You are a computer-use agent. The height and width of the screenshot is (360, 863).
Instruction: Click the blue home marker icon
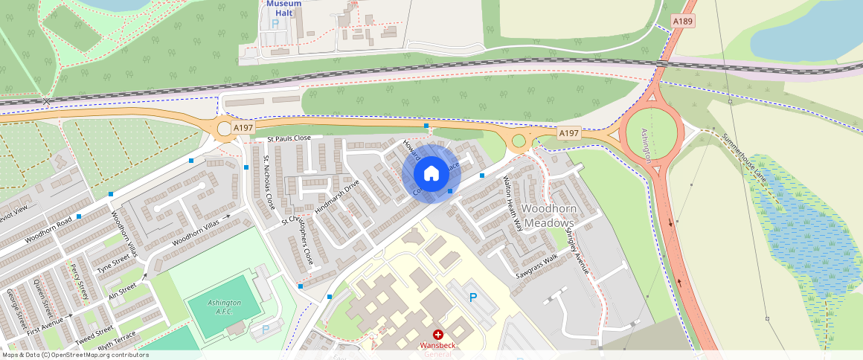[x=431, y=174]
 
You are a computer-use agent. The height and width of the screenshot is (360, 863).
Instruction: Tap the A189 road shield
[x=682, y=22]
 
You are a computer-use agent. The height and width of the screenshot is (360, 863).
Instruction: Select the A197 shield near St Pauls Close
[x=243, y=128]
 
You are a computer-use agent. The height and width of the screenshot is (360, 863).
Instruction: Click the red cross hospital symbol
[x=438, y=335]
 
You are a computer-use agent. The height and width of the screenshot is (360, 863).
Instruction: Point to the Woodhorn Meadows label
[x=549, y=216]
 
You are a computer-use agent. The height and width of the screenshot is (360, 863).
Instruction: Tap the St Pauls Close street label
[x=289, y=138]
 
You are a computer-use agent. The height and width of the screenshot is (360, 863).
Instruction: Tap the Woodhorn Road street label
[x=48, y=230]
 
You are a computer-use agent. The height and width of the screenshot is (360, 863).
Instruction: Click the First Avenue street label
[x=47, y=323]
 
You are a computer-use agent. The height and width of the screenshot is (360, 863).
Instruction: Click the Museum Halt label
[x=283, y=7]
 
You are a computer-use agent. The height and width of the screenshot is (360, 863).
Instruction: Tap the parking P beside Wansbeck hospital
[x=472, y=298]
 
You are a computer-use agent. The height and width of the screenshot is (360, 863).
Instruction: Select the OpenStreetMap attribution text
[x=74, y=355]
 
